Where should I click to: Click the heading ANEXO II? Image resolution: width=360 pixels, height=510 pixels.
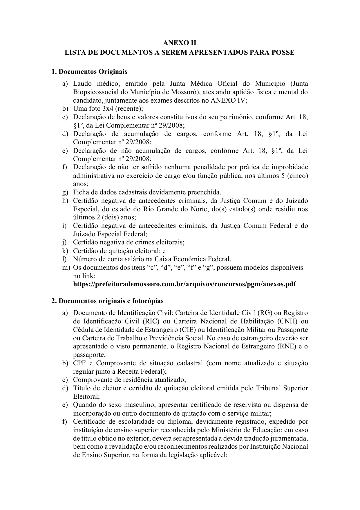coord(180,43)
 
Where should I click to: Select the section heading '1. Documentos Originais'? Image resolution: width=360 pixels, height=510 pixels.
coord(89,71)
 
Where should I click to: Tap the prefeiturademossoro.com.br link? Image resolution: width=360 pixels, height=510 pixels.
coord(184,284)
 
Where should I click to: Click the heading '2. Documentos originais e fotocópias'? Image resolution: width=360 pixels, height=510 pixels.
coord(107,301)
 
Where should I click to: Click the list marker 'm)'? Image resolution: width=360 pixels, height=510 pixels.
coord(66,268)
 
